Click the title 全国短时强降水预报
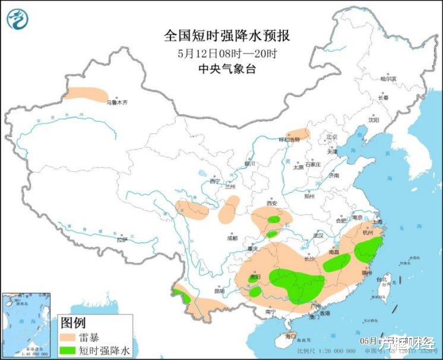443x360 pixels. (227, 36)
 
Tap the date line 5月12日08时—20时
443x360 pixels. (227, 53)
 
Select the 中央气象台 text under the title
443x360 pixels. (227, 69)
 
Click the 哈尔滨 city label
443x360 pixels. (388, 78)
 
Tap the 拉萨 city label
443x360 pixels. (122, 240)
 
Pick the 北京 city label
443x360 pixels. (331, 137)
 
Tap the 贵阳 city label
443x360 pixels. (255, 277)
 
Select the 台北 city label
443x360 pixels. (382, 279)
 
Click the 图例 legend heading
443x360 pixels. (73, 323)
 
